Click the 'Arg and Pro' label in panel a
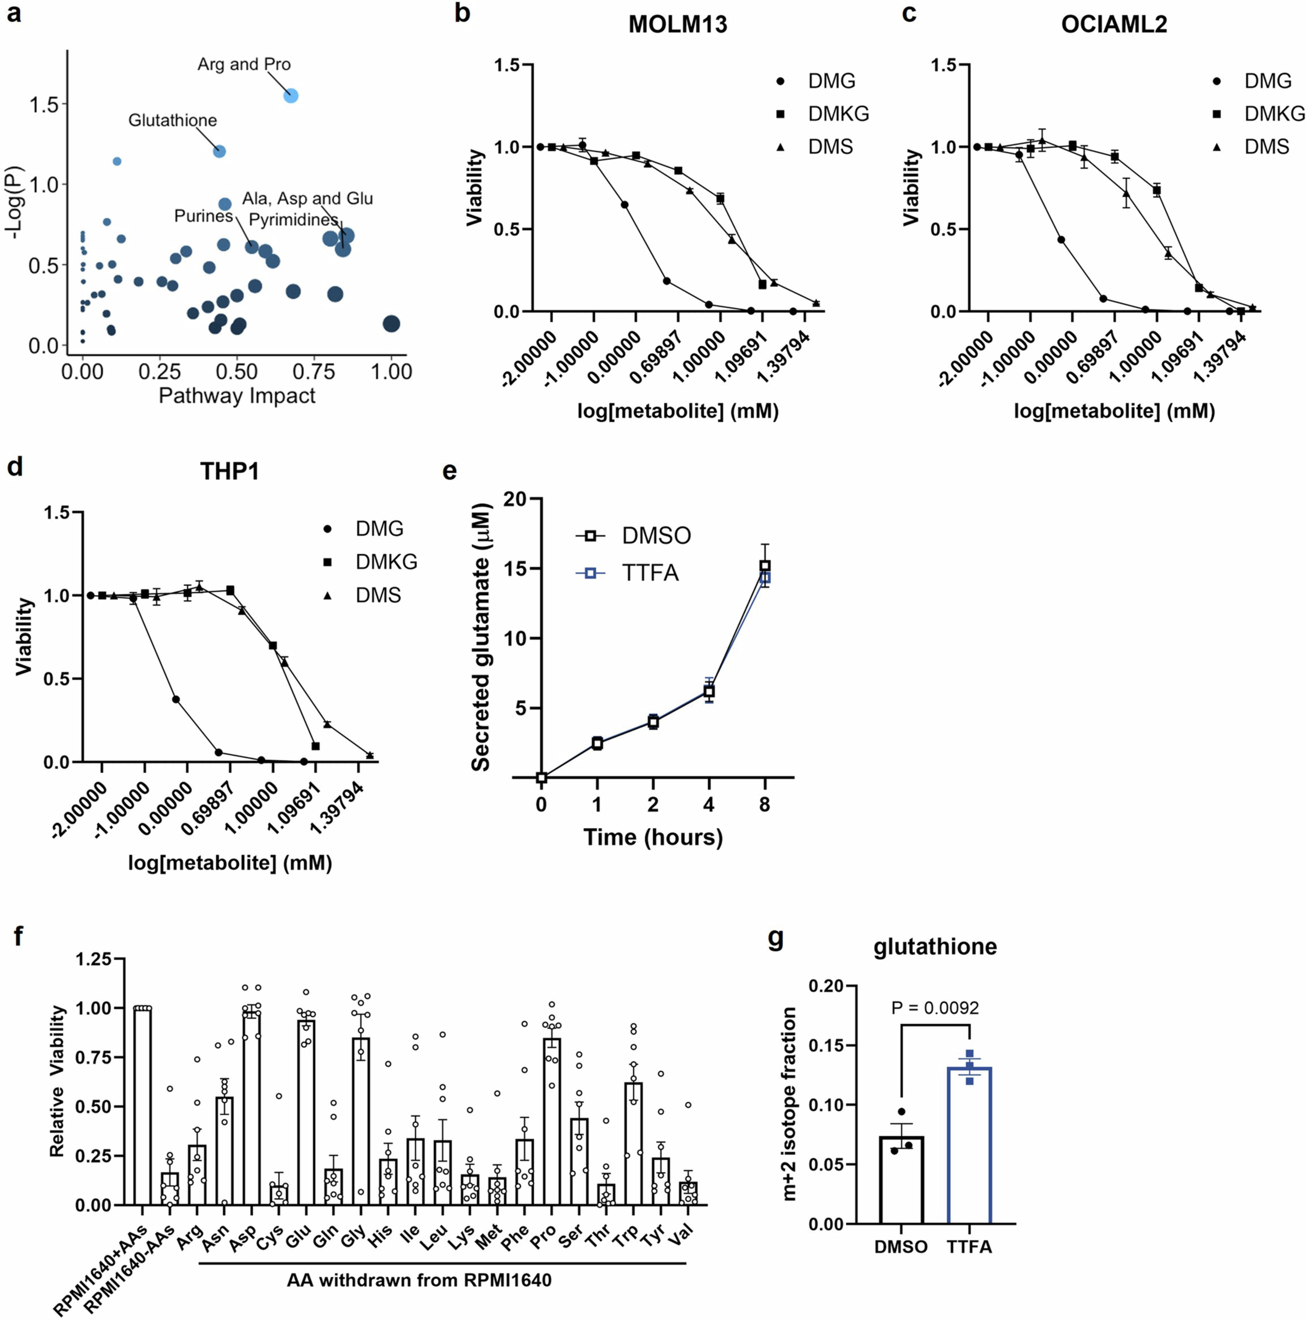(244, 64)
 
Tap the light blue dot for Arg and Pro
(291, 96)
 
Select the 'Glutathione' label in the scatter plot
(173, 120)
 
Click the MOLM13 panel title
(678, 25)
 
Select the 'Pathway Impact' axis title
(237, 396)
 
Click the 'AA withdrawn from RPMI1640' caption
(419, 1280)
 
